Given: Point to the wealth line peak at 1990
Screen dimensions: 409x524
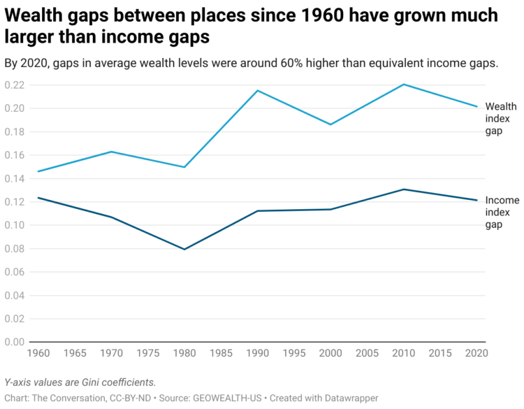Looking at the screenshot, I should [x=258, y=90].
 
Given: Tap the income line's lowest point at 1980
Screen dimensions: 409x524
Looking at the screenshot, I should [x=185, y=249].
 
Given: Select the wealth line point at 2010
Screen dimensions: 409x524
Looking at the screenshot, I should [x=404, y=85].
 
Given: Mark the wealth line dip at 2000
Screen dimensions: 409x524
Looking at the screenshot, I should [x=330, y=124].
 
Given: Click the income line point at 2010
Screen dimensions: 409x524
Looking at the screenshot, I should [x=404, y=189].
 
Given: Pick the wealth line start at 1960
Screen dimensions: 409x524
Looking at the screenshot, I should [x=38, y=171].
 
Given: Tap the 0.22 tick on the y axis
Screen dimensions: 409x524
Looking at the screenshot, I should [x=14, y=85].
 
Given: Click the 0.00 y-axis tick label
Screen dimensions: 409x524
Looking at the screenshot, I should [x=14, y=342].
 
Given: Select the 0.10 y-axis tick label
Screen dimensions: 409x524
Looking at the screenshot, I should [x=14, y=225].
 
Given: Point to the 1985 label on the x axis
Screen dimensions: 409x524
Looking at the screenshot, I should [x=221, y=354].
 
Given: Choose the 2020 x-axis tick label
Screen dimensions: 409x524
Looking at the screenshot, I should [x=474, y=354].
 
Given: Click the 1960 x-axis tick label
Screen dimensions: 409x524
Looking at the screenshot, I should [x=38, y=354].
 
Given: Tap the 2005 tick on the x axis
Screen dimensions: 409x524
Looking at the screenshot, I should [x=367, y=354].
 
